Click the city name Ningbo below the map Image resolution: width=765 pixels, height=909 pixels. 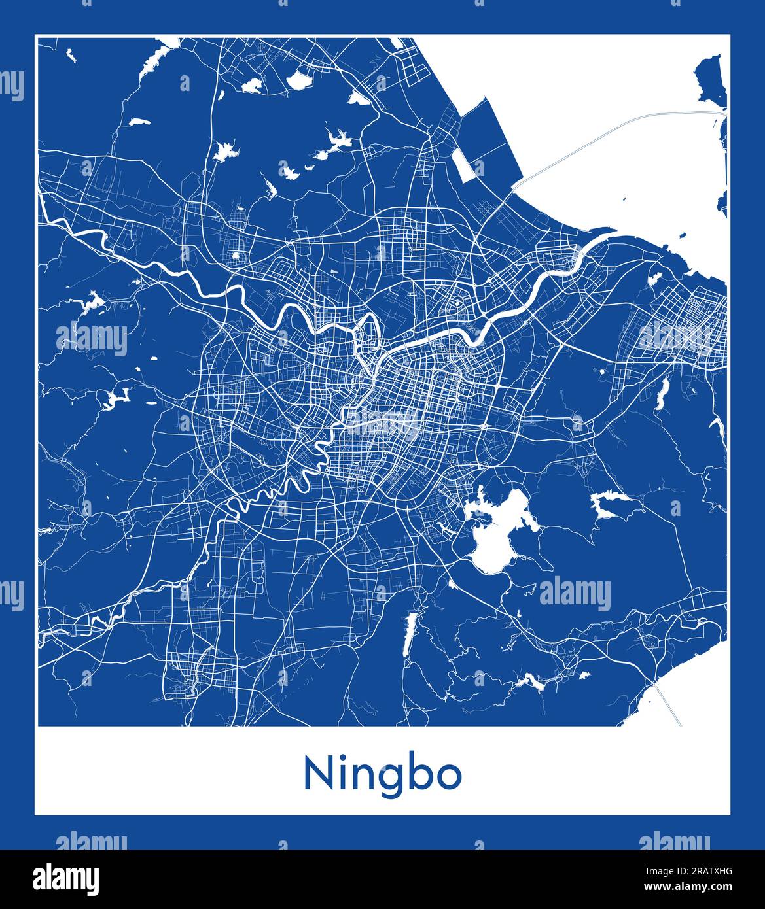point(382,774)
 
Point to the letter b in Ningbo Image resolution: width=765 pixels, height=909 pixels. point(421,772)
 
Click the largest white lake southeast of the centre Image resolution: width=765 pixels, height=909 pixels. point(494,533)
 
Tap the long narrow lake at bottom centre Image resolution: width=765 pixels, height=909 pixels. point(409,633)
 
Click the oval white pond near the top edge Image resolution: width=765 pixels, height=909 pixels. point(300,80)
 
